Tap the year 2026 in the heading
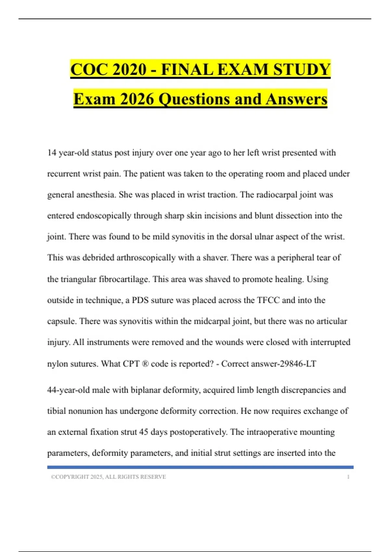coord(136,99)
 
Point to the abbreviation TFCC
coord(268,300)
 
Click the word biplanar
coord(146,390)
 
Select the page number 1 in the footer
coord(348,477)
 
